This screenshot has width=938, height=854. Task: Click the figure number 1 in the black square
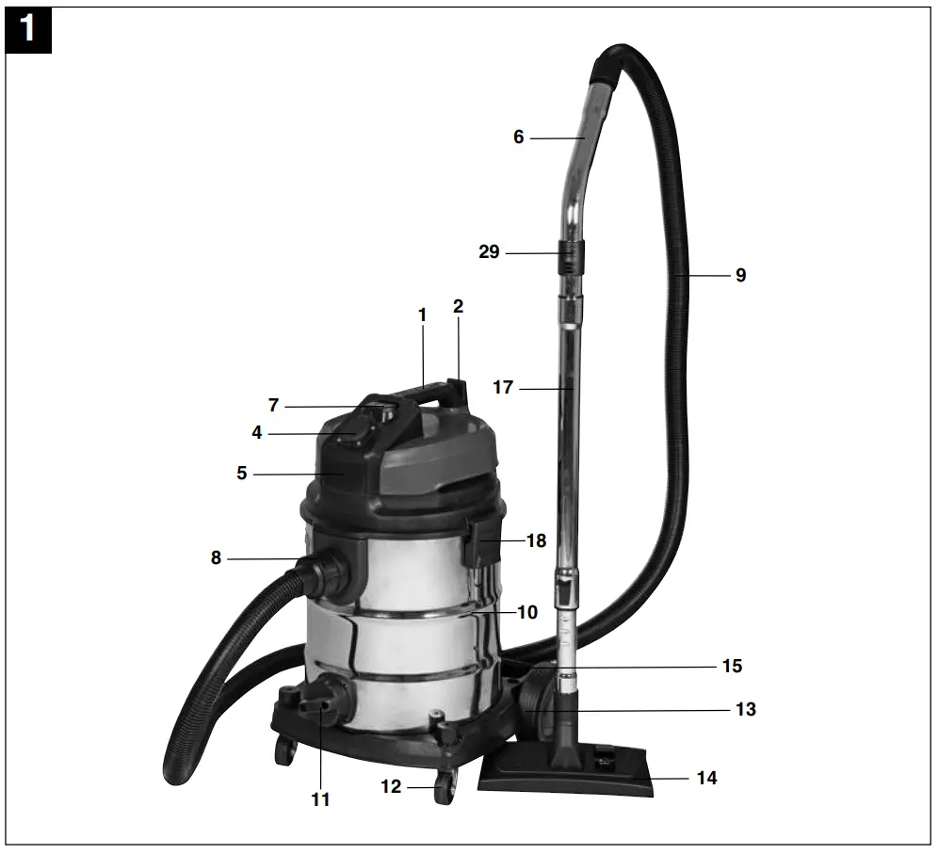point(27,28)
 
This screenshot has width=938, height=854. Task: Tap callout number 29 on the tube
point(489,252)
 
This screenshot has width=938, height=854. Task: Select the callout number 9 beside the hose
point(740,276)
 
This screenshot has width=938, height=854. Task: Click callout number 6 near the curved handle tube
point(518,137)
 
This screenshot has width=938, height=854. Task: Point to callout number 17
point(503,387)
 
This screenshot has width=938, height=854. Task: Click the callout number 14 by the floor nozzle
point(706,779)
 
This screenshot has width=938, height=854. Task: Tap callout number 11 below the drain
point(321,799)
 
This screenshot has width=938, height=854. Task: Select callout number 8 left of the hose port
point(216,557)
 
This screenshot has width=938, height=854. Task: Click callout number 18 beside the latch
point(536,540)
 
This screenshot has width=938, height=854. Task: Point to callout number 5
point(242,474)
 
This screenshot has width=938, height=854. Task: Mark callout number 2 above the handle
point(458,307)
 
